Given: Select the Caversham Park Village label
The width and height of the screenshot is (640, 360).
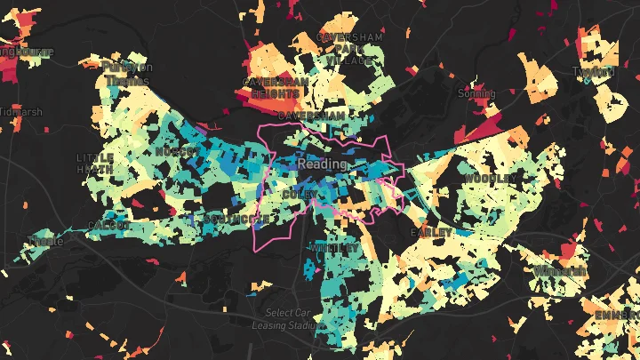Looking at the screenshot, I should (x=353, y=49).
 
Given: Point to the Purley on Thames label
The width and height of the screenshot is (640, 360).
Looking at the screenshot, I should (x=127, y=73).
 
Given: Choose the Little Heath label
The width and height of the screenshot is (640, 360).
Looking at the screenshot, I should (x=95, y=163).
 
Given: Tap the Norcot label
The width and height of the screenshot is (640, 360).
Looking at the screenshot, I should (x=172, y=152).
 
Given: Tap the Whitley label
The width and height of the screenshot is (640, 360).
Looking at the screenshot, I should (x=335, y=248).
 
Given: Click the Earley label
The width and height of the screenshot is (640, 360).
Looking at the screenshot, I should (x=424, y=231).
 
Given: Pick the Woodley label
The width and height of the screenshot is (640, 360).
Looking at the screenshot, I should (x=489, y=179).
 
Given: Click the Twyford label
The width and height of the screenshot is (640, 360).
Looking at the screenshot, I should (x=594, y=71).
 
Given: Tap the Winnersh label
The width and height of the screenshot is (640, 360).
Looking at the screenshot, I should (x=561, y=270).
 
